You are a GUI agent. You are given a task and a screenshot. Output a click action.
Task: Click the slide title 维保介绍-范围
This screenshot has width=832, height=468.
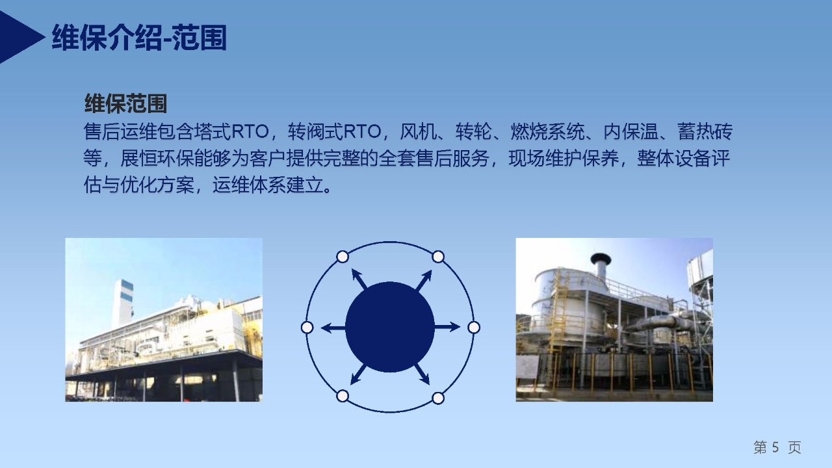139,38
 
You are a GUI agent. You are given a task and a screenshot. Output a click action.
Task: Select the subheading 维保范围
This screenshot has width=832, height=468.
125,103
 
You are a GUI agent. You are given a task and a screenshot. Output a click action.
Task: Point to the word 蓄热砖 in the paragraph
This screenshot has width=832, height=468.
705,131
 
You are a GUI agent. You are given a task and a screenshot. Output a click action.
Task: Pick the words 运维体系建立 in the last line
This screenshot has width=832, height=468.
268,185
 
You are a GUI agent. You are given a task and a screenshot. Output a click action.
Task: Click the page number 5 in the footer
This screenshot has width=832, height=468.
775,447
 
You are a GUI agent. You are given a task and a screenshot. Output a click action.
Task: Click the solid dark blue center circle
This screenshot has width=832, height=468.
390,327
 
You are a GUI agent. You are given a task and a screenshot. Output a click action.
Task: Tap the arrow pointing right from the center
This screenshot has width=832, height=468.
447,327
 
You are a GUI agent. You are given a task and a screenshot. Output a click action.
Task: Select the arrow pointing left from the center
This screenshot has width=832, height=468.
333,328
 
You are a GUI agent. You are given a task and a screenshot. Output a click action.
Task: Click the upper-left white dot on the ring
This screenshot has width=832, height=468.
343,257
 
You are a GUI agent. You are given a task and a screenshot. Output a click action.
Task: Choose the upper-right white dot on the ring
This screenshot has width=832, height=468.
438,257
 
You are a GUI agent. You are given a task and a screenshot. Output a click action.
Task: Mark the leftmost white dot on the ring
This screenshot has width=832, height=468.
307,328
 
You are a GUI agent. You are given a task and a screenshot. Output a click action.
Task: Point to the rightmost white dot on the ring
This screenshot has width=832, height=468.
474,328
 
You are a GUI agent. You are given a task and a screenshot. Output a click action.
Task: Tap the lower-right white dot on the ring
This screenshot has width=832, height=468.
438,398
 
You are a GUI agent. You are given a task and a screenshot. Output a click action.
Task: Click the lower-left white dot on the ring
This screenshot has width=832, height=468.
343,396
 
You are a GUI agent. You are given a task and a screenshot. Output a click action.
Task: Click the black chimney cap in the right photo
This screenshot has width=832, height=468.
601,258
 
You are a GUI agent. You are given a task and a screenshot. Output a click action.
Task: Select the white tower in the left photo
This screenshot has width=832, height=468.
123,304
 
